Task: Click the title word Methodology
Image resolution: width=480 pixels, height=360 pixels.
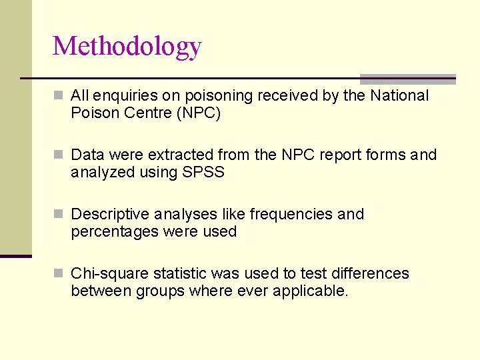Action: [127, 47]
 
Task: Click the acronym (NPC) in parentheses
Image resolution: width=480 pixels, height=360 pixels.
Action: [199, 113]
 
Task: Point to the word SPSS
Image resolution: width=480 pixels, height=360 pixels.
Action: [203, 173]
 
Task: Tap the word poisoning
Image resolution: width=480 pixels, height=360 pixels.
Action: [217, 96]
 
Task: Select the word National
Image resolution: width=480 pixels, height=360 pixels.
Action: [399, 96]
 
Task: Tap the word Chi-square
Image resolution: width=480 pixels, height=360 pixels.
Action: [110, 274]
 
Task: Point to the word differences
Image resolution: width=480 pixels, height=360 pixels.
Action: [369, 274]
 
